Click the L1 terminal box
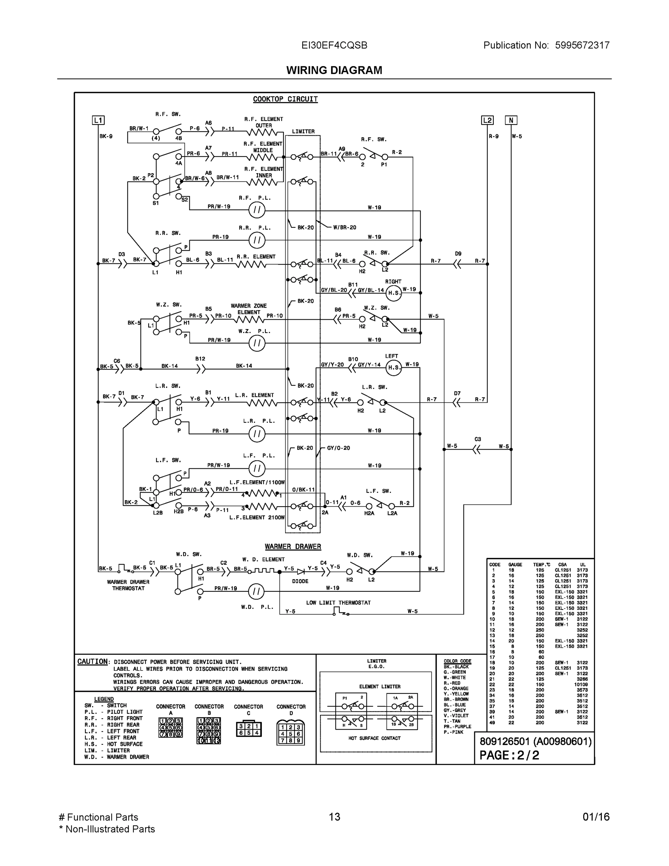click(x=98, y=120)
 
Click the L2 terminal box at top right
click(x=487, y=120)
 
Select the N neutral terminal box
click(x=511, y=120)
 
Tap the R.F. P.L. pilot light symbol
click(x=257, y=210)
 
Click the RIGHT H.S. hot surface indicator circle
click(x=393, y=293)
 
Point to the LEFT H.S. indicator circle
click(x=393, y=368)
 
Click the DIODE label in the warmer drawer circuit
click(x=300, y=581)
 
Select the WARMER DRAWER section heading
click(x=293, y=546)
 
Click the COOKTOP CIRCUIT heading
click(x=285, y=99)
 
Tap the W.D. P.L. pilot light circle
click(x=256, y=592)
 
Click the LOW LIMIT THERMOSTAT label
click(x=338, y=603)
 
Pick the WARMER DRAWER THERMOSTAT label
click(x=128, y=585)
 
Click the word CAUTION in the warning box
click(x=92, y=661)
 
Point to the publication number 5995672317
click(x=582, y=45)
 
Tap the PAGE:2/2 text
click(x=509, y=755)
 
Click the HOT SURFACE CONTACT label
click(x=374, y=738)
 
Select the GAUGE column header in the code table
click(x=515, y=565)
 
